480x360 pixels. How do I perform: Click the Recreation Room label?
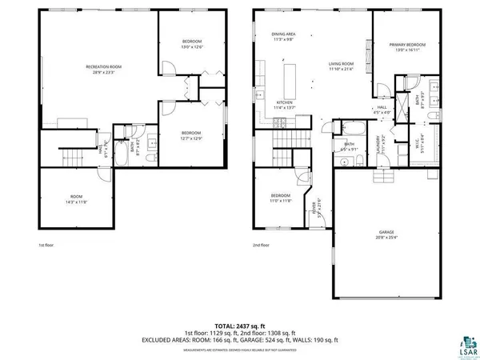[x=103, y=69]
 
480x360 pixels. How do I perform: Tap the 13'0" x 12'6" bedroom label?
[x=190, y=44]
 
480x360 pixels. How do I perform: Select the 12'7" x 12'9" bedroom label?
[x=190, y=135]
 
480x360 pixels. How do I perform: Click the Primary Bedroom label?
[x=408, y=48]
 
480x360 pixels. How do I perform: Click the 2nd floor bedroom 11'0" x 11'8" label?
[x=280, y=199]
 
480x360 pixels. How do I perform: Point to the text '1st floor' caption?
[x=46, y=246]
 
